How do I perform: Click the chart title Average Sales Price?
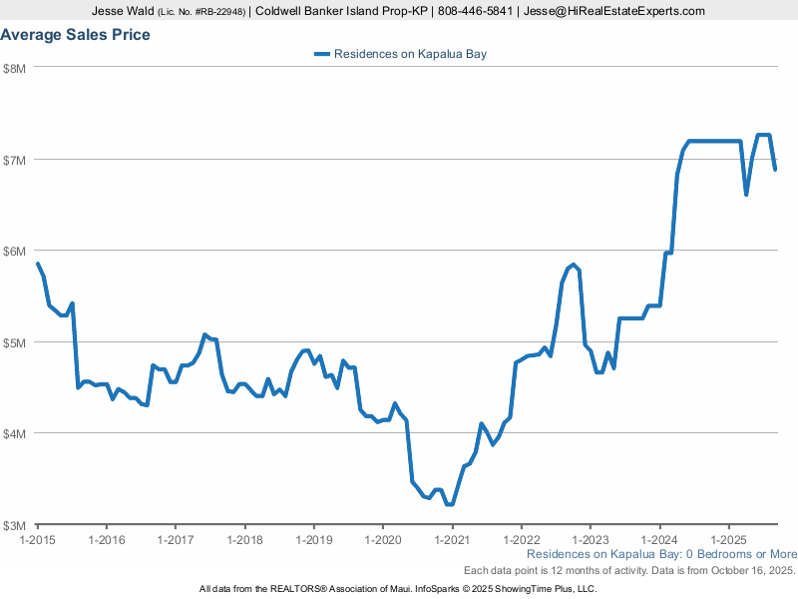76,35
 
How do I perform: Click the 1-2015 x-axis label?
38,539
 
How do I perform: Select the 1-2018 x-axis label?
244,539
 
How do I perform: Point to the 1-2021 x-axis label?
452,539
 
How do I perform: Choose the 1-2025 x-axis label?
728,539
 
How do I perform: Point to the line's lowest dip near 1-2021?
450,504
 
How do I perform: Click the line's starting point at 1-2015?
38,264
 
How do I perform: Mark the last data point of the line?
775,169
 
